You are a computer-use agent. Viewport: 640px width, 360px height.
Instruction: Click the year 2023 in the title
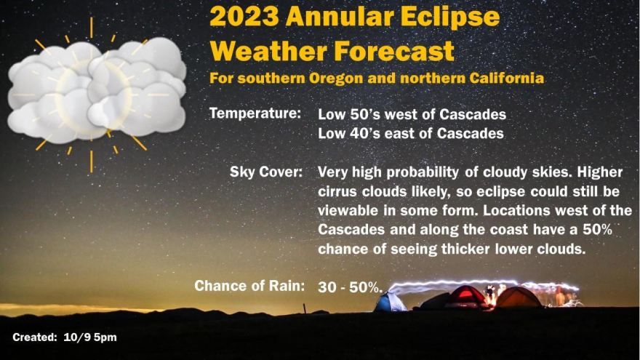244,17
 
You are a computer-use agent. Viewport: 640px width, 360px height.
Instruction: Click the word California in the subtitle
506,78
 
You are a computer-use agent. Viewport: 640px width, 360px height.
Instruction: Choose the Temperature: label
255,113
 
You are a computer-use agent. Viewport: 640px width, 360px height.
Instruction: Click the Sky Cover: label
266,172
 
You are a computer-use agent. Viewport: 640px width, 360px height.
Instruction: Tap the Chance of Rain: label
249,286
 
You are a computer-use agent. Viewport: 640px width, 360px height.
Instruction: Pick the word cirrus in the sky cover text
338,191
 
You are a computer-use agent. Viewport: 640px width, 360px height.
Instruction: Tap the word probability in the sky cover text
423,172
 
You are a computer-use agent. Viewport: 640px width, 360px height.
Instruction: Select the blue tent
391,302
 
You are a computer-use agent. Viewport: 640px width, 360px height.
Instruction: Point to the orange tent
519,297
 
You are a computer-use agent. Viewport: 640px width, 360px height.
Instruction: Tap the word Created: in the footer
35,337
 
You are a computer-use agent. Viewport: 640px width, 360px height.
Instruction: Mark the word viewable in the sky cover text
346,211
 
